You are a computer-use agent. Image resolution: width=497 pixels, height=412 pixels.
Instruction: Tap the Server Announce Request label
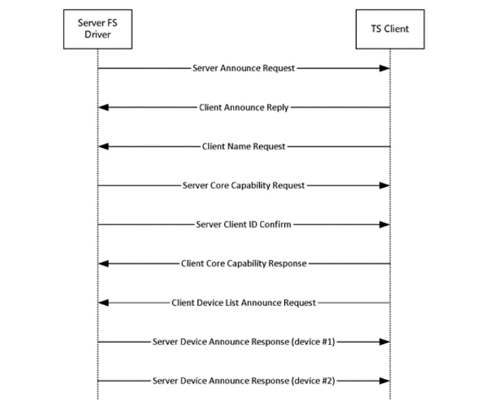click(243, 68)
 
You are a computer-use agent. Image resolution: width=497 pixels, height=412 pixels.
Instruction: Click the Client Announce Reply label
click(244, 108)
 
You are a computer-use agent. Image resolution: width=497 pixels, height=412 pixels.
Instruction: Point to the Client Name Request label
click(244, 146)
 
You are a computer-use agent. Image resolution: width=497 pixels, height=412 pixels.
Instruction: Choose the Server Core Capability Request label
click(243, 185)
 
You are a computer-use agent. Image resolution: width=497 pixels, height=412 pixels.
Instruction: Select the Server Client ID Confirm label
click(243, 224)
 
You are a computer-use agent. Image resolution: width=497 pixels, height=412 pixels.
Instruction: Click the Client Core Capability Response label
click(244, 263)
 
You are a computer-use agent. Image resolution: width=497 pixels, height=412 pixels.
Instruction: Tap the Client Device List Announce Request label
click(244, 303)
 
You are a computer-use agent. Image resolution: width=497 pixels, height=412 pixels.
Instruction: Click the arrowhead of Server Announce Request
click(385, 68)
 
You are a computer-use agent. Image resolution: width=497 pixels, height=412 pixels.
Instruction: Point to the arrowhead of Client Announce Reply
click(104, 108)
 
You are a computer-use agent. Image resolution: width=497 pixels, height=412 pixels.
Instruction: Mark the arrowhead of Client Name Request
click(104, 146)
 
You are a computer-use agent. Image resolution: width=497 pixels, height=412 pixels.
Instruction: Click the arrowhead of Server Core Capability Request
click(385, 185)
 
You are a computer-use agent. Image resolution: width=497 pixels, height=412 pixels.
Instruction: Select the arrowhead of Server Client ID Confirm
click(385, 224)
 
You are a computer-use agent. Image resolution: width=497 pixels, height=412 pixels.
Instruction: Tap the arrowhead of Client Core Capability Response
click(104, 263)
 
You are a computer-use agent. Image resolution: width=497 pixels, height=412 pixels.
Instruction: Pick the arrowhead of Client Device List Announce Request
click(104, 303)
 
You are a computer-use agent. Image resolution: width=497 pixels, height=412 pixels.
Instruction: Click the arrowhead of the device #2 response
click(385, 381)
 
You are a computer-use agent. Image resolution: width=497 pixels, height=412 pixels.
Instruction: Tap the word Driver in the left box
click(98, 34)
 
